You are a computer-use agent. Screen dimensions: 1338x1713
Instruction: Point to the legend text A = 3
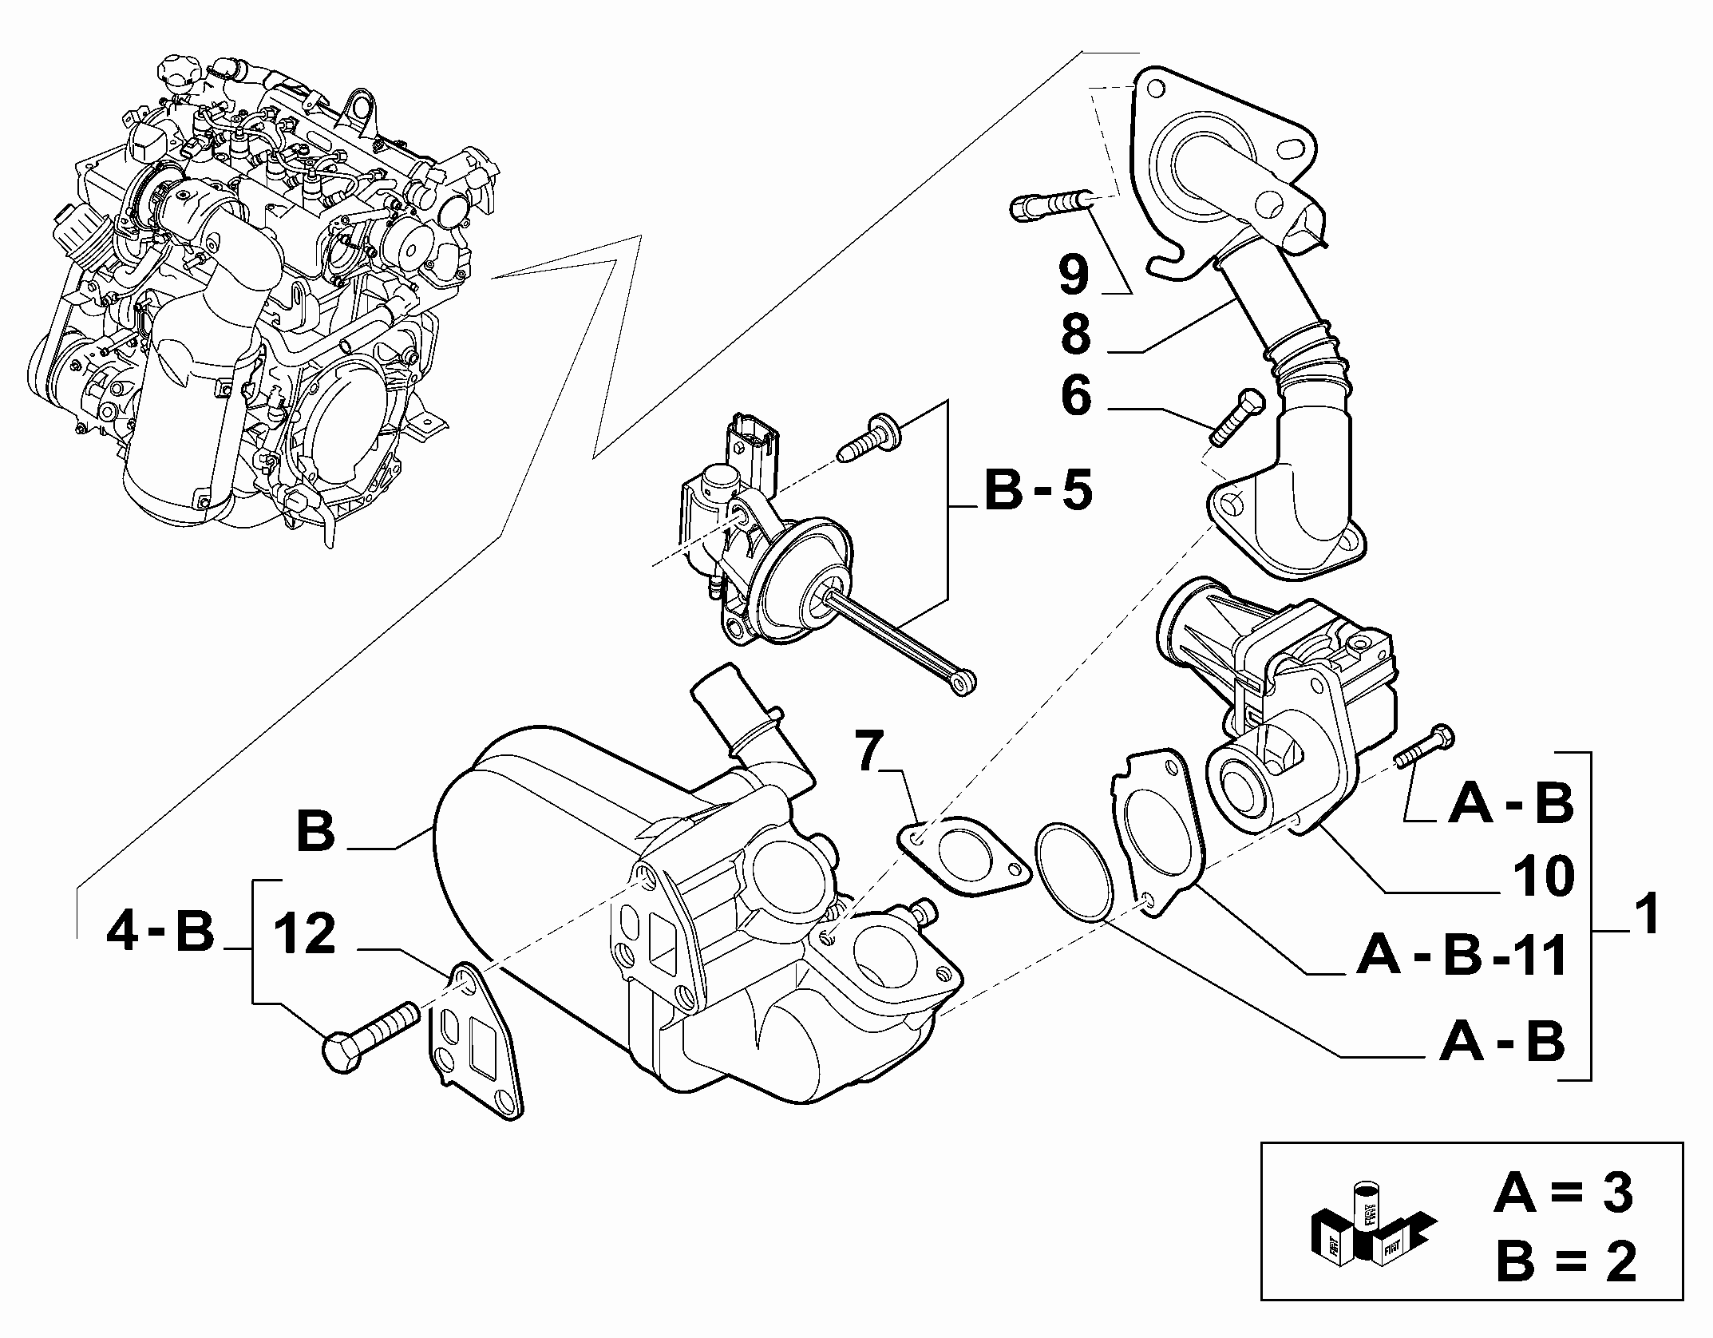(x=1563, y=1194)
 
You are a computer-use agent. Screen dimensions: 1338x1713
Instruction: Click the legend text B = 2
(x=1565, y=1261)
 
